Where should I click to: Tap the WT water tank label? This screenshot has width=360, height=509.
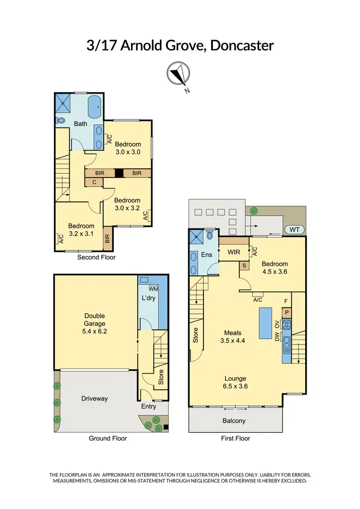(295, 230)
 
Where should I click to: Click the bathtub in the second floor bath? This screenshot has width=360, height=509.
(96, 105)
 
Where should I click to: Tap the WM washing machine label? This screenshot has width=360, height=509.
(154, 289)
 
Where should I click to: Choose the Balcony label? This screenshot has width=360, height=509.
(234, 421)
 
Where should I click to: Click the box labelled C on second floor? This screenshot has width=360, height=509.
(94, 182)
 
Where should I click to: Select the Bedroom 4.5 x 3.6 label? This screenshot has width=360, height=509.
(275, 267)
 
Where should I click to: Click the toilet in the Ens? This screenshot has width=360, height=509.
(209, 236)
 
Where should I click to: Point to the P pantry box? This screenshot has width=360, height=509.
(287, 312)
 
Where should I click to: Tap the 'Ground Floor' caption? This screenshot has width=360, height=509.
(108, 438)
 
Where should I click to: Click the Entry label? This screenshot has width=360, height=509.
(148, 406)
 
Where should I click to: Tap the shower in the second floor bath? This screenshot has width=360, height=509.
(62, 102)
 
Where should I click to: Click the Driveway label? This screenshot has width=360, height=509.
(94, 398)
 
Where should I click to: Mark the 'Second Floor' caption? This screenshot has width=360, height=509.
(96, 257)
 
